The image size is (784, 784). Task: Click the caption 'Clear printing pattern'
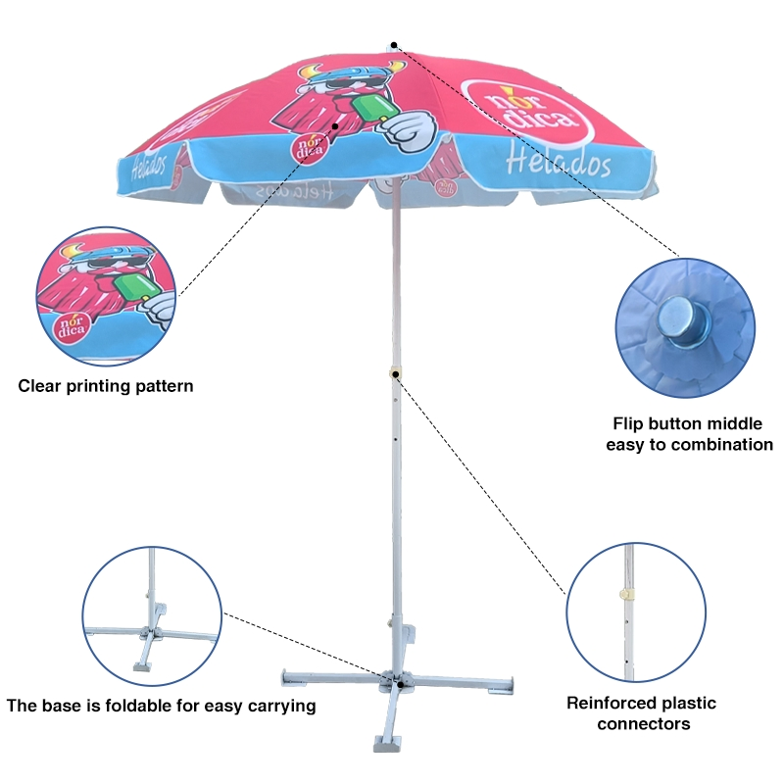(106, 386)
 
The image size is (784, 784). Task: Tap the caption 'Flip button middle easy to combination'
(689, 434)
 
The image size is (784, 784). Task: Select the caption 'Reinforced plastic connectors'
(642, 713)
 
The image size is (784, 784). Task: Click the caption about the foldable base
(161, 706)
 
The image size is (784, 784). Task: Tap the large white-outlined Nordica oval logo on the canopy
(526, 114)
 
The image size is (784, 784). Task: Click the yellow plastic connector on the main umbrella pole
(395, 374)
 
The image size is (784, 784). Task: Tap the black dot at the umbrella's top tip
(394, 45)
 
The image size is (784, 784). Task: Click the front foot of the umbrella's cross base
(387, 743)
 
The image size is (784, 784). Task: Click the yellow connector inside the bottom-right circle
(625, 594)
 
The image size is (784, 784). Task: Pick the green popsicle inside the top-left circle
(134, 286)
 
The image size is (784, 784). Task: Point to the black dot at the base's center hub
(400, 684)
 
